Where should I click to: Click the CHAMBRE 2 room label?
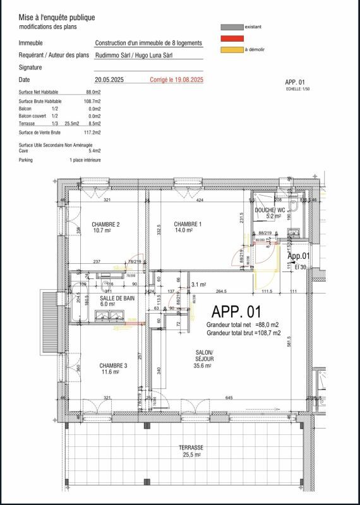point(105,225)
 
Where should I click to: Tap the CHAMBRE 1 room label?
point(188,225)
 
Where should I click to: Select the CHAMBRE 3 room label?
point(113,365)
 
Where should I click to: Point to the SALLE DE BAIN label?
point(117,297)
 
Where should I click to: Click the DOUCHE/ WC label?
point(270,210)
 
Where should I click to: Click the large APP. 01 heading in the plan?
point(236,312)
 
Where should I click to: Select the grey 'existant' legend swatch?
point(232,28)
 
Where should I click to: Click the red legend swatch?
point(232,39)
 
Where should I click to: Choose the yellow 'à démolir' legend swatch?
point(232,49)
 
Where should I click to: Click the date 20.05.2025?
point(111,80)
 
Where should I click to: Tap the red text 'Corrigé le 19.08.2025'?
point(176,80)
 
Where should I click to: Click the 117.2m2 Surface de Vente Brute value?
point(92,133)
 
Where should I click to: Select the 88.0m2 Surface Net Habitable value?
point(93,92)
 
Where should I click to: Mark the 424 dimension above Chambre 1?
point(200,200)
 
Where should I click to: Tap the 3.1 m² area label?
point(199,284)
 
